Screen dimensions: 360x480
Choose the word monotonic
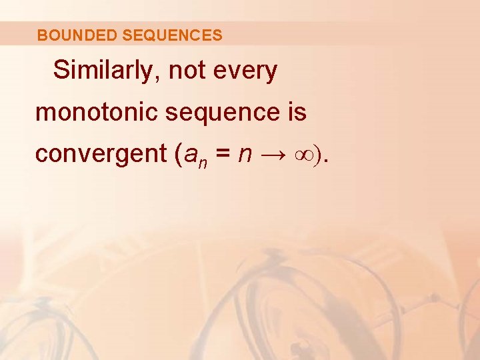(x=97, y=112)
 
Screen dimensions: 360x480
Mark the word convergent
(x=99, y=154)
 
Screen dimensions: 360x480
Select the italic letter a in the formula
(x=187, y=155)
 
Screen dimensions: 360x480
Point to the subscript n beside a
(x=199, y=161)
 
